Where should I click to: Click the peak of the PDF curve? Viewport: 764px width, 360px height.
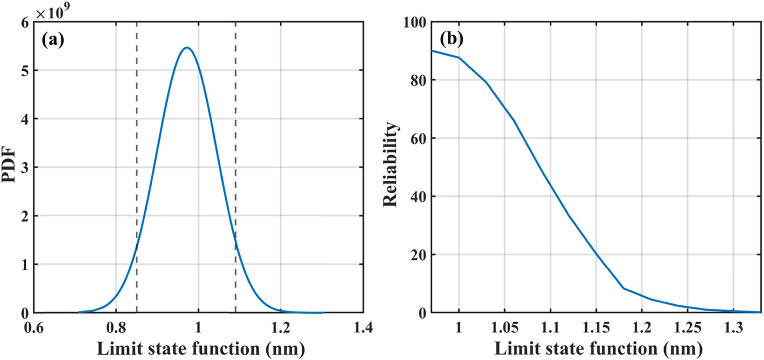tap(186, 48)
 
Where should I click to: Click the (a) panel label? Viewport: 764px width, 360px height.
tap(53, 40)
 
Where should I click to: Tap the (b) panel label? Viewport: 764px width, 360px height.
tap(452, 39)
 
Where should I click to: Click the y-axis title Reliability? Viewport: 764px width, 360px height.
tap(390, 164)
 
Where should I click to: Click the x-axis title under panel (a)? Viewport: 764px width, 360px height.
tap(201, 349)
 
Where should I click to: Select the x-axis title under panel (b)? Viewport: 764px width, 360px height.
tap(598, 349)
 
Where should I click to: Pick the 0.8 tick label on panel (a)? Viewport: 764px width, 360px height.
tap(116, 328)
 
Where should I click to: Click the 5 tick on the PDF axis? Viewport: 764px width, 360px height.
tap(25, 71)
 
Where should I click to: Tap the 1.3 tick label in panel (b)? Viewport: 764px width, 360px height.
tap(733, 328)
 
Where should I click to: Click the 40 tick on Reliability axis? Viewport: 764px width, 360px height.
tap(418, 197)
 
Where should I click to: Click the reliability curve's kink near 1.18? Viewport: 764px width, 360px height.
tap(623, 288)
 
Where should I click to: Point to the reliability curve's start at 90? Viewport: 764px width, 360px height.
tap(432, 51)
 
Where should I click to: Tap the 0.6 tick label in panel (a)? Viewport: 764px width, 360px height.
tap(34, 328)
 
